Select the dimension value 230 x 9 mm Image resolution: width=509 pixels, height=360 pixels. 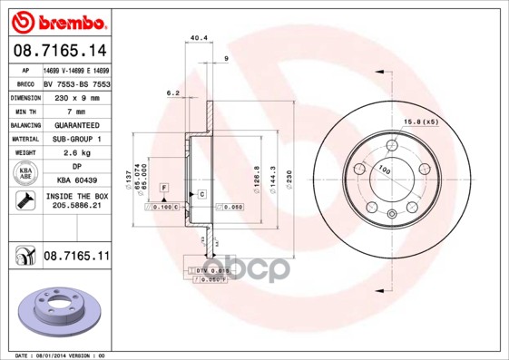[75, 95]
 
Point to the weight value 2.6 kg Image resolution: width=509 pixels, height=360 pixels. [75, 153]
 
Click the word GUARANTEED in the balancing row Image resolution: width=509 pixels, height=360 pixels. [75, 124]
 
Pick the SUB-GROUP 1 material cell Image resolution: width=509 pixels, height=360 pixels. [75, 139]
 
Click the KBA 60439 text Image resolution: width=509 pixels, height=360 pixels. [75, 181]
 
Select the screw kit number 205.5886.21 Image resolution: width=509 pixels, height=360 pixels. [76, 207]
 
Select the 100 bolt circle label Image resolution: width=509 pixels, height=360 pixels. [385, 170]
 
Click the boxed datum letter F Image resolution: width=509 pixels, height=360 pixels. [163, 187]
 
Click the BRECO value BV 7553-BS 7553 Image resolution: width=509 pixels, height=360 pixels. [76, 82]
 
